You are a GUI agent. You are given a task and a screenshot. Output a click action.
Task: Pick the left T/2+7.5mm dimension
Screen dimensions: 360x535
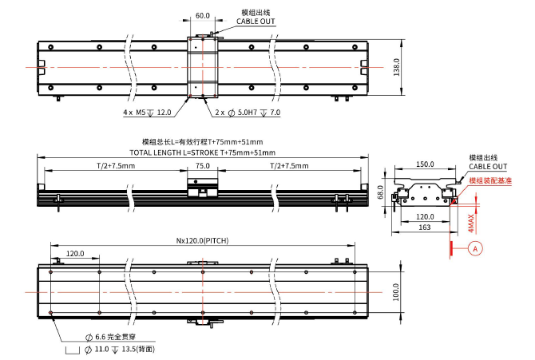(110, 165)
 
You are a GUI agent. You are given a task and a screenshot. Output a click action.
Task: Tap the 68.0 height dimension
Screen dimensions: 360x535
(382, 192)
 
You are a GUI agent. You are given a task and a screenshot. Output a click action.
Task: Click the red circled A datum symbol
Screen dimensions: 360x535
(477, 248)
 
